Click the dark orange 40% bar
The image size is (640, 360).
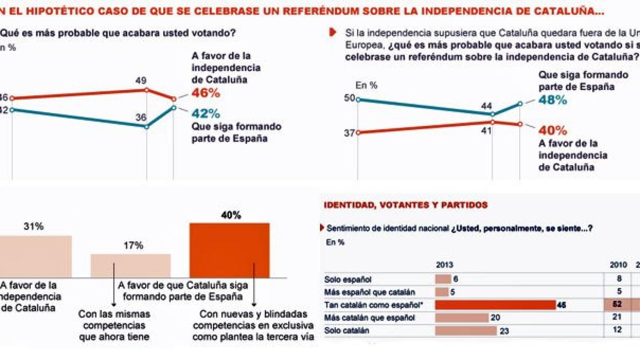click(x=229, y=250)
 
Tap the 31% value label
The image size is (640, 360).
click(x=34, y=226)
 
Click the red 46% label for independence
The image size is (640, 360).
click(x=206, y=93)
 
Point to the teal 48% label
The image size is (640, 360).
click(x=553, y=100)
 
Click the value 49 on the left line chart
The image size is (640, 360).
click(x=141, y=81)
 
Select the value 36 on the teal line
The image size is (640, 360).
click(x=141, y=117)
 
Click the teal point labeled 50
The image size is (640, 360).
click(x=358, y=99)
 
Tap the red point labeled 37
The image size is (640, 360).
click(x=358, y=132)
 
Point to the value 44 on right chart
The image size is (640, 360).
click(x=486, y=106)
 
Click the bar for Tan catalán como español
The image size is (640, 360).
click(x=495, y=305)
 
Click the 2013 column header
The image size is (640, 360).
click(x=444, y=265)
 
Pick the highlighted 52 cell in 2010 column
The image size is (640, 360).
click(x=617, y=304)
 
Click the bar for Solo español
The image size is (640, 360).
click(x=443, y=279)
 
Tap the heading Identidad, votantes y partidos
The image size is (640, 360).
click(x=406, y=205)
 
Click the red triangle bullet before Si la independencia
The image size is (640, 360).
click(x=332, y=32)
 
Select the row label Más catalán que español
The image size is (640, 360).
click(x=370, y=318)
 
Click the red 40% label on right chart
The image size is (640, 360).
click(x=553, y=130)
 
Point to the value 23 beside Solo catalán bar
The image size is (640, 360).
click(x=504, y=331)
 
